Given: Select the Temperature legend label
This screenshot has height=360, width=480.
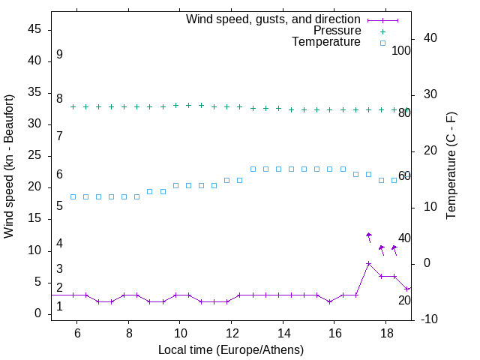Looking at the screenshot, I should (326, 42).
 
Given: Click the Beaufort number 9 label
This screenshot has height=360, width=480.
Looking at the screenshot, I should (59, 55).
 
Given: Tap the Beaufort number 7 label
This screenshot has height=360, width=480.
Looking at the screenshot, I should (59, 136).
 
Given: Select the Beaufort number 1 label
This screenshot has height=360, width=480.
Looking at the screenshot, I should (59, 307).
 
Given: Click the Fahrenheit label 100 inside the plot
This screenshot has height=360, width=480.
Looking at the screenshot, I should (402, 51).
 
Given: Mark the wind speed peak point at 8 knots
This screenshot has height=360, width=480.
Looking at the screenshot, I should (368, 263).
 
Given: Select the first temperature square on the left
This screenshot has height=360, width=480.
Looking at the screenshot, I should (73, 196).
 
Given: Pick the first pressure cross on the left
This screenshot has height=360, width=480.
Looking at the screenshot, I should (73, 106).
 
